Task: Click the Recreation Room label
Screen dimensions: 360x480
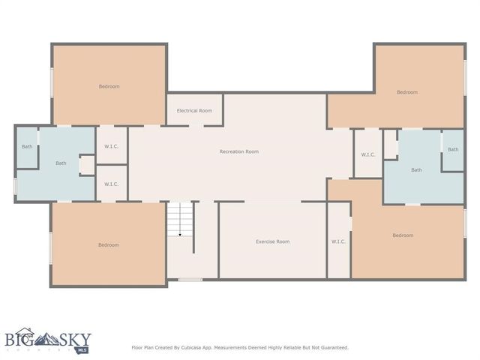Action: pos(238,151)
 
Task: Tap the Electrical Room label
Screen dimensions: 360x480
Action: pos(194,110)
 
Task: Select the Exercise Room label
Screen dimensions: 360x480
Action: pos(272,241)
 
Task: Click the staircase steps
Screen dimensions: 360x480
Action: pos(180,217)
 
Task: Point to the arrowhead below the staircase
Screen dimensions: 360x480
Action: pos(180,235)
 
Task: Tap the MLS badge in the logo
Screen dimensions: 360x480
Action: pos(82,349)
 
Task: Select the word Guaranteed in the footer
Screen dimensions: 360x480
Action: pos(333,347)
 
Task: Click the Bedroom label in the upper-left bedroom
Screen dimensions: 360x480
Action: pos(109,86)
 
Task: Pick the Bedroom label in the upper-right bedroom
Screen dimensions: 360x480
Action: pos(406,92)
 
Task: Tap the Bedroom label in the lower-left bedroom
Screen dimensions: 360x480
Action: pos(108,244)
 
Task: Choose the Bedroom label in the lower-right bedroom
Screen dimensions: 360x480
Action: pos(402,235)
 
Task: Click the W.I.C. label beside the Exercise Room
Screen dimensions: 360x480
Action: pos(338,241)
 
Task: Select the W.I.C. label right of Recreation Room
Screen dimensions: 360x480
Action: pos(367,154)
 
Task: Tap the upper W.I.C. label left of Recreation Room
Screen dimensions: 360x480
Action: pos(111,146)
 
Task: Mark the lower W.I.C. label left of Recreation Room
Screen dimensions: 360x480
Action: pos(111,184)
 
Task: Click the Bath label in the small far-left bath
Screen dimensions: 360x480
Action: pos(27,146)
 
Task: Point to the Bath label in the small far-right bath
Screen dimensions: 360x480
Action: pos(453,149)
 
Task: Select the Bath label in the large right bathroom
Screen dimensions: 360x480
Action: pos(416,169)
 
